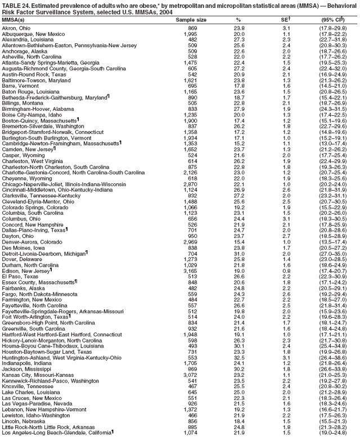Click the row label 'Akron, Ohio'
click(17, 28)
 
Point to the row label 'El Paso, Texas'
click(20, 291)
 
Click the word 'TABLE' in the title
click(10, 5)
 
